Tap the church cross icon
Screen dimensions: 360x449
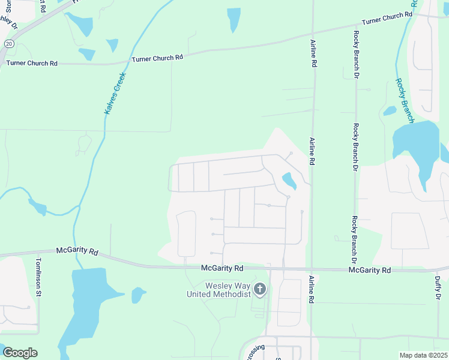[260, 290]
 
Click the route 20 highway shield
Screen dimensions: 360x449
[8, 44]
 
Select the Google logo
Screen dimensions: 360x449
[20, 353]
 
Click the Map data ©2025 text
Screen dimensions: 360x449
[423, 355]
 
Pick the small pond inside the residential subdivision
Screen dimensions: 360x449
[289, 180]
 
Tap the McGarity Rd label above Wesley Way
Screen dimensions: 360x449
[222, 268]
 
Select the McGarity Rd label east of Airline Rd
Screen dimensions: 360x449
[370, 271]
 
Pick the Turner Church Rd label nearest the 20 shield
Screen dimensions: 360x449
[32, 62]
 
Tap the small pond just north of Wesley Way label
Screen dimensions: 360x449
[138, 295]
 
